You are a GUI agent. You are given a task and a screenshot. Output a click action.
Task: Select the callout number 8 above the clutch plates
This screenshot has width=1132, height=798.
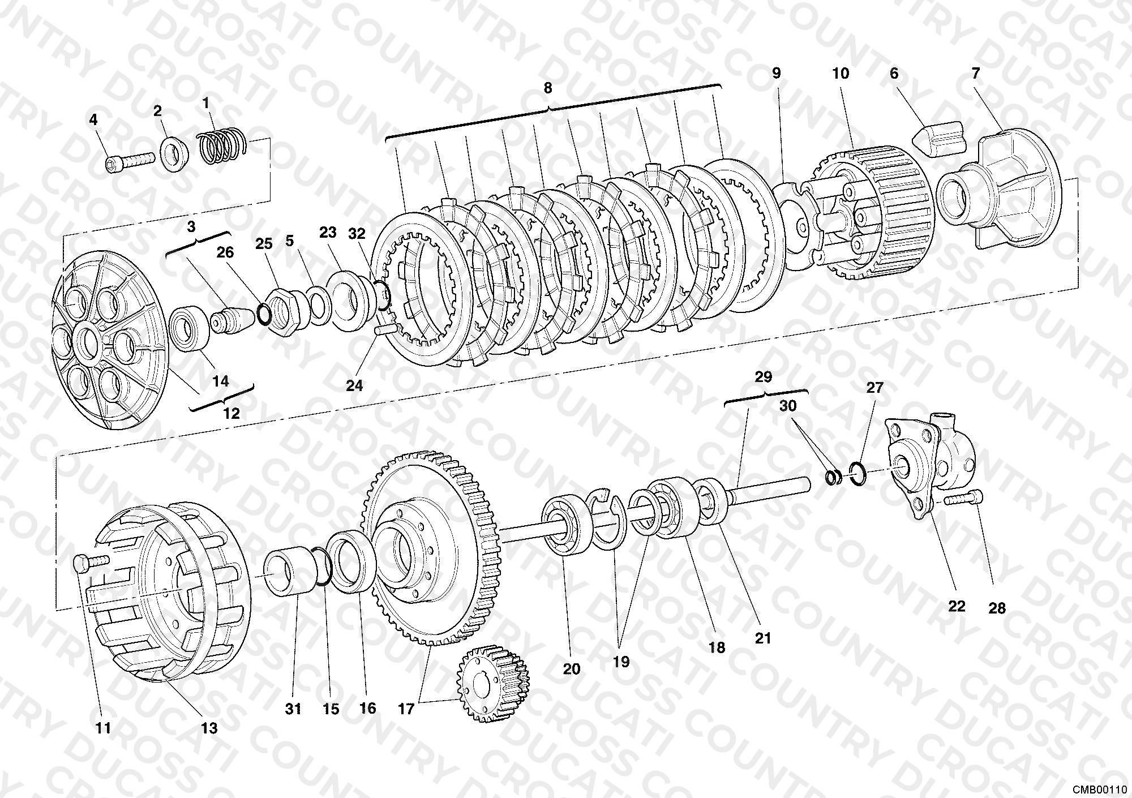(x=547, y=88)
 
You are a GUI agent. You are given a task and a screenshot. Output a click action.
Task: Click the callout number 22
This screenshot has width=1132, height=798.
(x=956, y=606)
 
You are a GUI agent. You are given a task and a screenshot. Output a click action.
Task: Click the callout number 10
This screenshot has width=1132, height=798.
(x=841, y=73)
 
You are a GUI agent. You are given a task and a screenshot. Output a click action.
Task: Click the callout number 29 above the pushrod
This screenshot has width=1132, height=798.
(x=764, y=377)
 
